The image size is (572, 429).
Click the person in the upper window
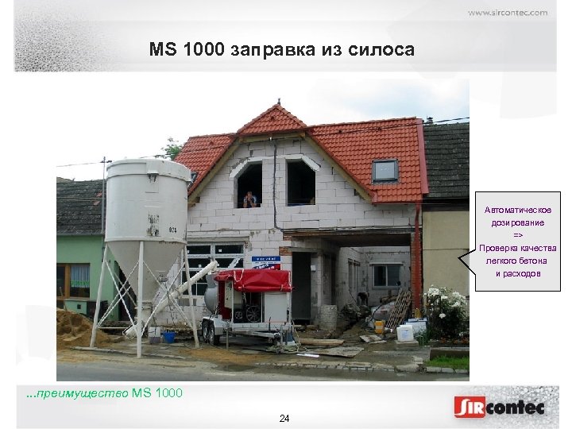[x=250, y=199]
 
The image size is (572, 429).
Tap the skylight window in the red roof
[x=385, y=170]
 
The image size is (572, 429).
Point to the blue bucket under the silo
[x=168, y=336]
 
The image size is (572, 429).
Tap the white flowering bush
[x=446, y=306]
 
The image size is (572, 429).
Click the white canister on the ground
[x=405, y=333]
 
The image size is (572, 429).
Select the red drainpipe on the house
[x=415, y=254]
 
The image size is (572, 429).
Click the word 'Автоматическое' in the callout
[x=518, y=211]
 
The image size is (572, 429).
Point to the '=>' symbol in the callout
[x=518, y=236]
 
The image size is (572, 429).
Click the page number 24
[x=284, y=418]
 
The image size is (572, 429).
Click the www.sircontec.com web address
[x=507, y=13]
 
